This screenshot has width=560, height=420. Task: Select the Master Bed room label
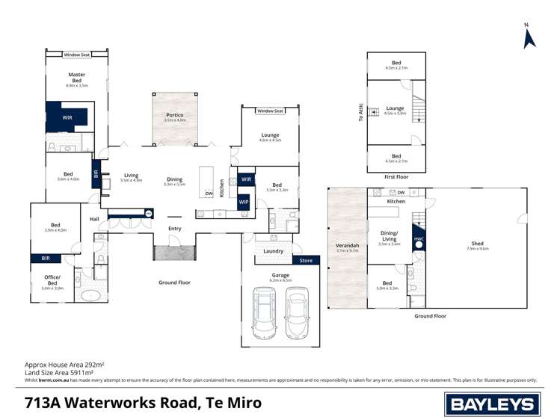pos(76,78)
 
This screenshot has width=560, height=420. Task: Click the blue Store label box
pos(306,261)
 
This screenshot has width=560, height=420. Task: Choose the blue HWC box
pos(418,233)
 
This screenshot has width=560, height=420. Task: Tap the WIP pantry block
pos(244,202)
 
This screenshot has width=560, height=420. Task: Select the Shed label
pos(477,244)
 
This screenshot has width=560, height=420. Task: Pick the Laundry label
pos(273,251)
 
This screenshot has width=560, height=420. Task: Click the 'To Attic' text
pos(360,112)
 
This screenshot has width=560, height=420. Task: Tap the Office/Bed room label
pos(52,282)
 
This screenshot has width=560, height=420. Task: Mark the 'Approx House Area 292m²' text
pos(64,364)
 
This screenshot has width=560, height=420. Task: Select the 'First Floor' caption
pos(396,177)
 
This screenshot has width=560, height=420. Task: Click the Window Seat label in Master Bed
pos(76,55)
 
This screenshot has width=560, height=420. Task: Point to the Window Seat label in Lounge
pos(270,111)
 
